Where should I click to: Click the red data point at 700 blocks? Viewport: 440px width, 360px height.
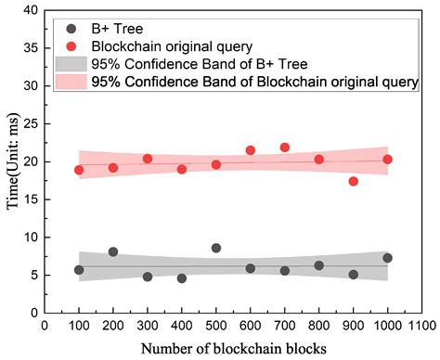pos(285,148)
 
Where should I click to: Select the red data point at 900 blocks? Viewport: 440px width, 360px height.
pos(354,181)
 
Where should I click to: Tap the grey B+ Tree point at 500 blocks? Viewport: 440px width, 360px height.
pos(216,248)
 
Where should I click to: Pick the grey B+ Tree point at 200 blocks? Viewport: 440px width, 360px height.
pos(113,251)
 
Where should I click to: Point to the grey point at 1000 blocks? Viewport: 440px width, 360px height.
pos(387,258)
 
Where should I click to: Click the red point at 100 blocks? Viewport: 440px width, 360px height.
pos(79,170)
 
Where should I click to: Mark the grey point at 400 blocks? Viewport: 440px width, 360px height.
pos(182,278)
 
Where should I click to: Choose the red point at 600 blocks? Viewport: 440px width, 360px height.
pos(251,150)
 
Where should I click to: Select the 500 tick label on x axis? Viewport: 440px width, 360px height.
pos(216,327)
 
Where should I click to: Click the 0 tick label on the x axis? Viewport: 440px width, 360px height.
pos(45,327)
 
